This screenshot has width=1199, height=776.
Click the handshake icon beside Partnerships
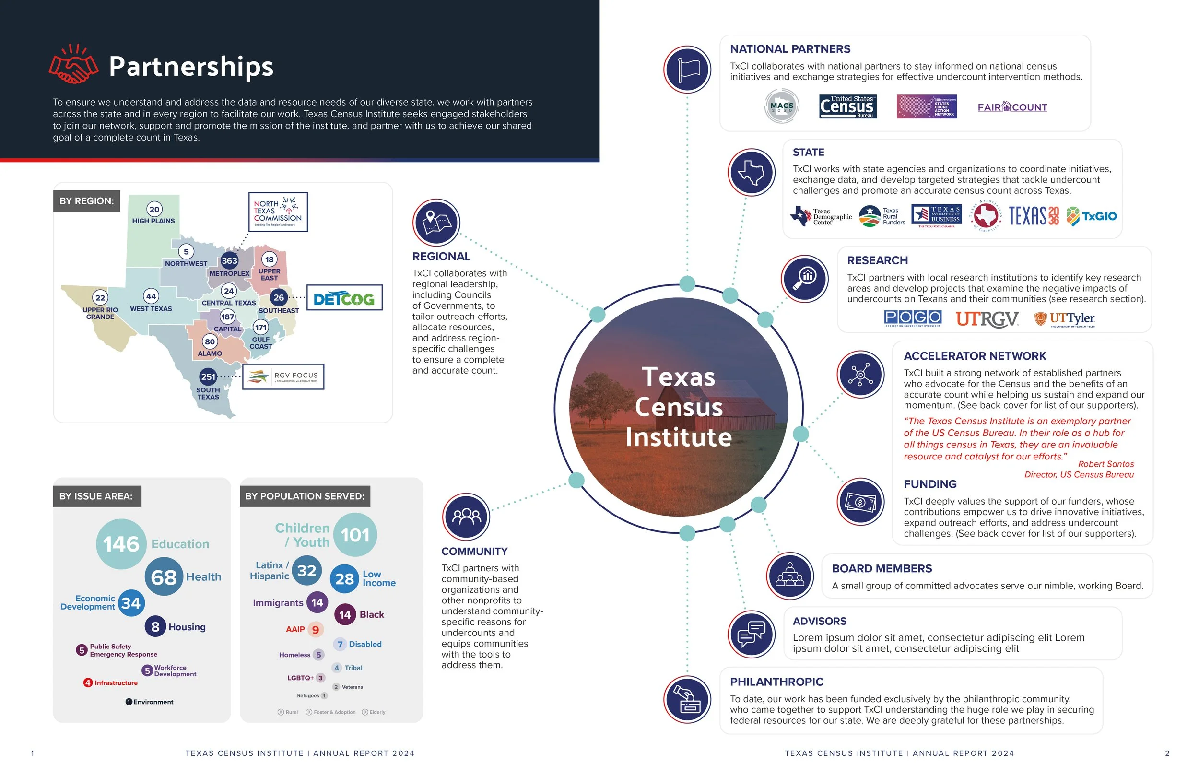[x=73, y=64]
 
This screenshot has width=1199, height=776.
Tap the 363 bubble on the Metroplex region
[x=229, y=260]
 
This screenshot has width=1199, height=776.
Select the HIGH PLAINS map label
[x=153, y=221]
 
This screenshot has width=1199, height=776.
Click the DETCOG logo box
[x=344, y=298]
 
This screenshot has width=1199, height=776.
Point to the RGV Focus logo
[x=283, y=376]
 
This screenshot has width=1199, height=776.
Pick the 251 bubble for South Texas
[x=208, y=376]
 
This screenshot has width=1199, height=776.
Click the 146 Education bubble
[x=121, y=544]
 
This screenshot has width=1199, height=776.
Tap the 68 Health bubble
[x=164, y=577]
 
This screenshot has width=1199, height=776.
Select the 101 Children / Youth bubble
[x=355, y=535]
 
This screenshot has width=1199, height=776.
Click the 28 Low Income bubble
[x=344, y=578]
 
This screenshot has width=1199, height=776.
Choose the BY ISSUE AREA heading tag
[x=96, y=496]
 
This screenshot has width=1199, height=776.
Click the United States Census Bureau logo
[x=847, y=107]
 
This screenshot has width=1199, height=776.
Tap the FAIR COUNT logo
[x=1012, y=107]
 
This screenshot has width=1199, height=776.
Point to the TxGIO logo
[x=1092, y=216]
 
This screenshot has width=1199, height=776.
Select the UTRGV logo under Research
[x=987, y=318]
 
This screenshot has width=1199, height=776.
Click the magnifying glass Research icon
[x=805, y=279]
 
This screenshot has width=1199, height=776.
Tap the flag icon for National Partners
[x=687, y=70]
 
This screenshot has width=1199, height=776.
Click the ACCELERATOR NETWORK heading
[x=975, y=356]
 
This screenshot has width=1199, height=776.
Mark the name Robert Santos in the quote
[x=1106, y=464]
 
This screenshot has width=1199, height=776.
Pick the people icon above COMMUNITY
[x=466, y=517]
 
